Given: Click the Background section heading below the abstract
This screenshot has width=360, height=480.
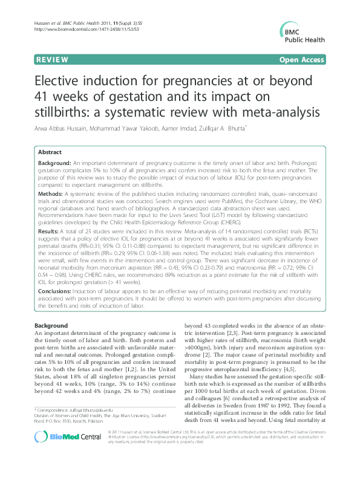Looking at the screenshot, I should [51, 325].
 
